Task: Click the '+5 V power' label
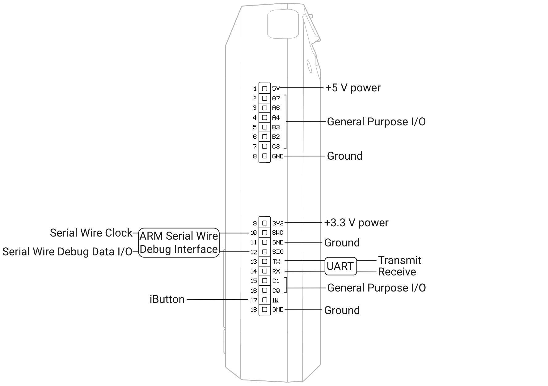click(353, 88)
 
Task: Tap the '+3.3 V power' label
click(356, 223)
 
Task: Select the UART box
click(340, 266)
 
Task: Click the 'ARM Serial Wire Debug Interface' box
click(179, 242)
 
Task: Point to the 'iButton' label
click(167, 299)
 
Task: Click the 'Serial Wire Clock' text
click(91, 233)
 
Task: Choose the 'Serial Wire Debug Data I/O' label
click(67, 252)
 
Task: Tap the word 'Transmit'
click(399, 260)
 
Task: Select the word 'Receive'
click(397, 272)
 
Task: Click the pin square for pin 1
click(264, 89)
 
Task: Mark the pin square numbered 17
click(264, 300)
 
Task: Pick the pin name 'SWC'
click(277, 233)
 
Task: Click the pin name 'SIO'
click(277, 252)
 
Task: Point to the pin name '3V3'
click(277, 223)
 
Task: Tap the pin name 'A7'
click(276, 98)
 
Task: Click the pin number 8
click(255, 156)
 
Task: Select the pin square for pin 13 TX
click(264, 262)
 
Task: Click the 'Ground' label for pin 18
click(342, 310)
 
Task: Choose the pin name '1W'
click(276, 300)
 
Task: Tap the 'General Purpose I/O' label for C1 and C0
click(376, 288)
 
